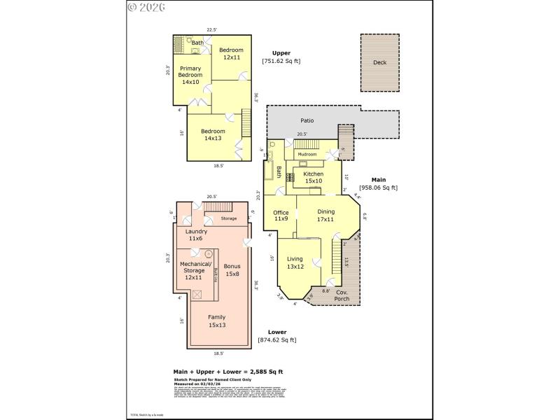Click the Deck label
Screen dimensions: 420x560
coord(379,62)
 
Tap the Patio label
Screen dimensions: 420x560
coord(307,120)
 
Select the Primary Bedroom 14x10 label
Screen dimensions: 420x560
coord(190,75)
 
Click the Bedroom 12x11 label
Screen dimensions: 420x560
coord(231,53)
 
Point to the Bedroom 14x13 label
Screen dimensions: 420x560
coord(213,134)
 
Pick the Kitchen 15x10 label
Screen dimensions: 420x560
coord(314,177)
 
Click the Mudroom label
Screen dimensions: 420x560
coord(307,154)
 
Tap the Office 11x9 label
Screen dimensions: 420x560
coord(281,216)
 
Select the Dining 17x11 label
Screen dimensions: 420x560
coord(326,216)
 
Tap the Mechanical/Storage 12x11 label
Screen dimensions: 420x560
coord(193,270)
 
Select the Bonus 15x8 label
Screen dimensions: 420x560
coord(232,270)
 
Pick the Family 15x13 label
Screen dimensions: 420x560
coord(217,321)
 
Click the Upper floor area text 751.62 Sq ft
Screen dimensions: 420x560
coord(281,62)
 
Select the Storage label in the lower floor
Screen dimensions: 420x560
coord(229,218)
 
